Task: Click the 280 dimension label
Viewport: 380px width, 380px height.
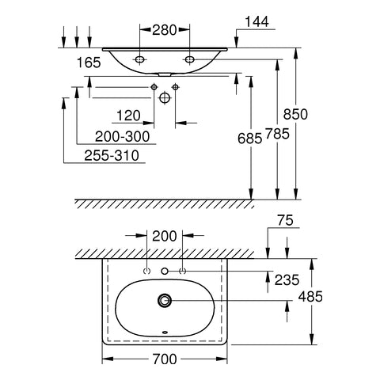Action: [164, 30]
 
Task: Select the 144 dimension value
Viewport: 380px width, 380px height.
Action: [257, 21]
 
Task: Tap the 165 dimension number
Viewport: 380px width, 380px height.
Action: [89, 63]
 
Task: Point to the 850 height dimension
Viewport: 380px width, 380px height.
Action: [295, 114]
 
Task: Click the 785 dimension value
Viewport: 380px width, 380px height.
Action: [277, 134]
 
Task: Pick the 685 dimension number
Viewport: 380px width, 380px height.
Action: [250, 139]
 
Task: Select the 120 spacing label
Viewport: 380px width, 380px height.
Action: [128, 116]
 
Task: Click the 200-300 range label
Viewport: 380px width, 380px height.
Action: [122, 136]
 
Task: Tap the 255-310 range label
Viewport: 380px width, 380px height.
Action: [112, 155]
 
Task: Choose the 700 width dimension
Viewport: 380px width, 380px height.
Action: [165, 359]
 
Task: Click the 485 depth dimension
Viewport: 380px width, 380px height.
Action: [310, 297]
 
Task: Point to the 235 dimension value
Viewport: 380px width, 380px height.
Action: [287, 280]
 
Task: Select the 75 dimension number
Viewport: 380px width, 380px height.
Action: [286, 220]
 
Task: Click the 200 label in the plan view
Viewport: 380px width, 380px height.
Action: [165, 236]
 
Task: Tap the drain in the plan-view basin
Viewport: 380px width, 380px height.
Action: [165, 300]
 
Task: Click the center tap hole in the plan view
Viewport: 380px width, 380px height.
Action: [165, 271]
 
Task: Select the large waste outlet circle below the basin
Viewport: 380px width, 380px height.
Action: [165, 97]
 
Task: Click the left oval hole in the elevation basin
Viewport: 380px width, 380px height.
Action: [140, 59]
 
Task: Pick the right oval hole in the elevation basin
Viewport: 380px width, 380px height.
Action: [189, 59]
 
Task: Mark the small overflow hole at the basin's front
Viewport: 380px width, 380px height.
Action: [165, 332]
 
